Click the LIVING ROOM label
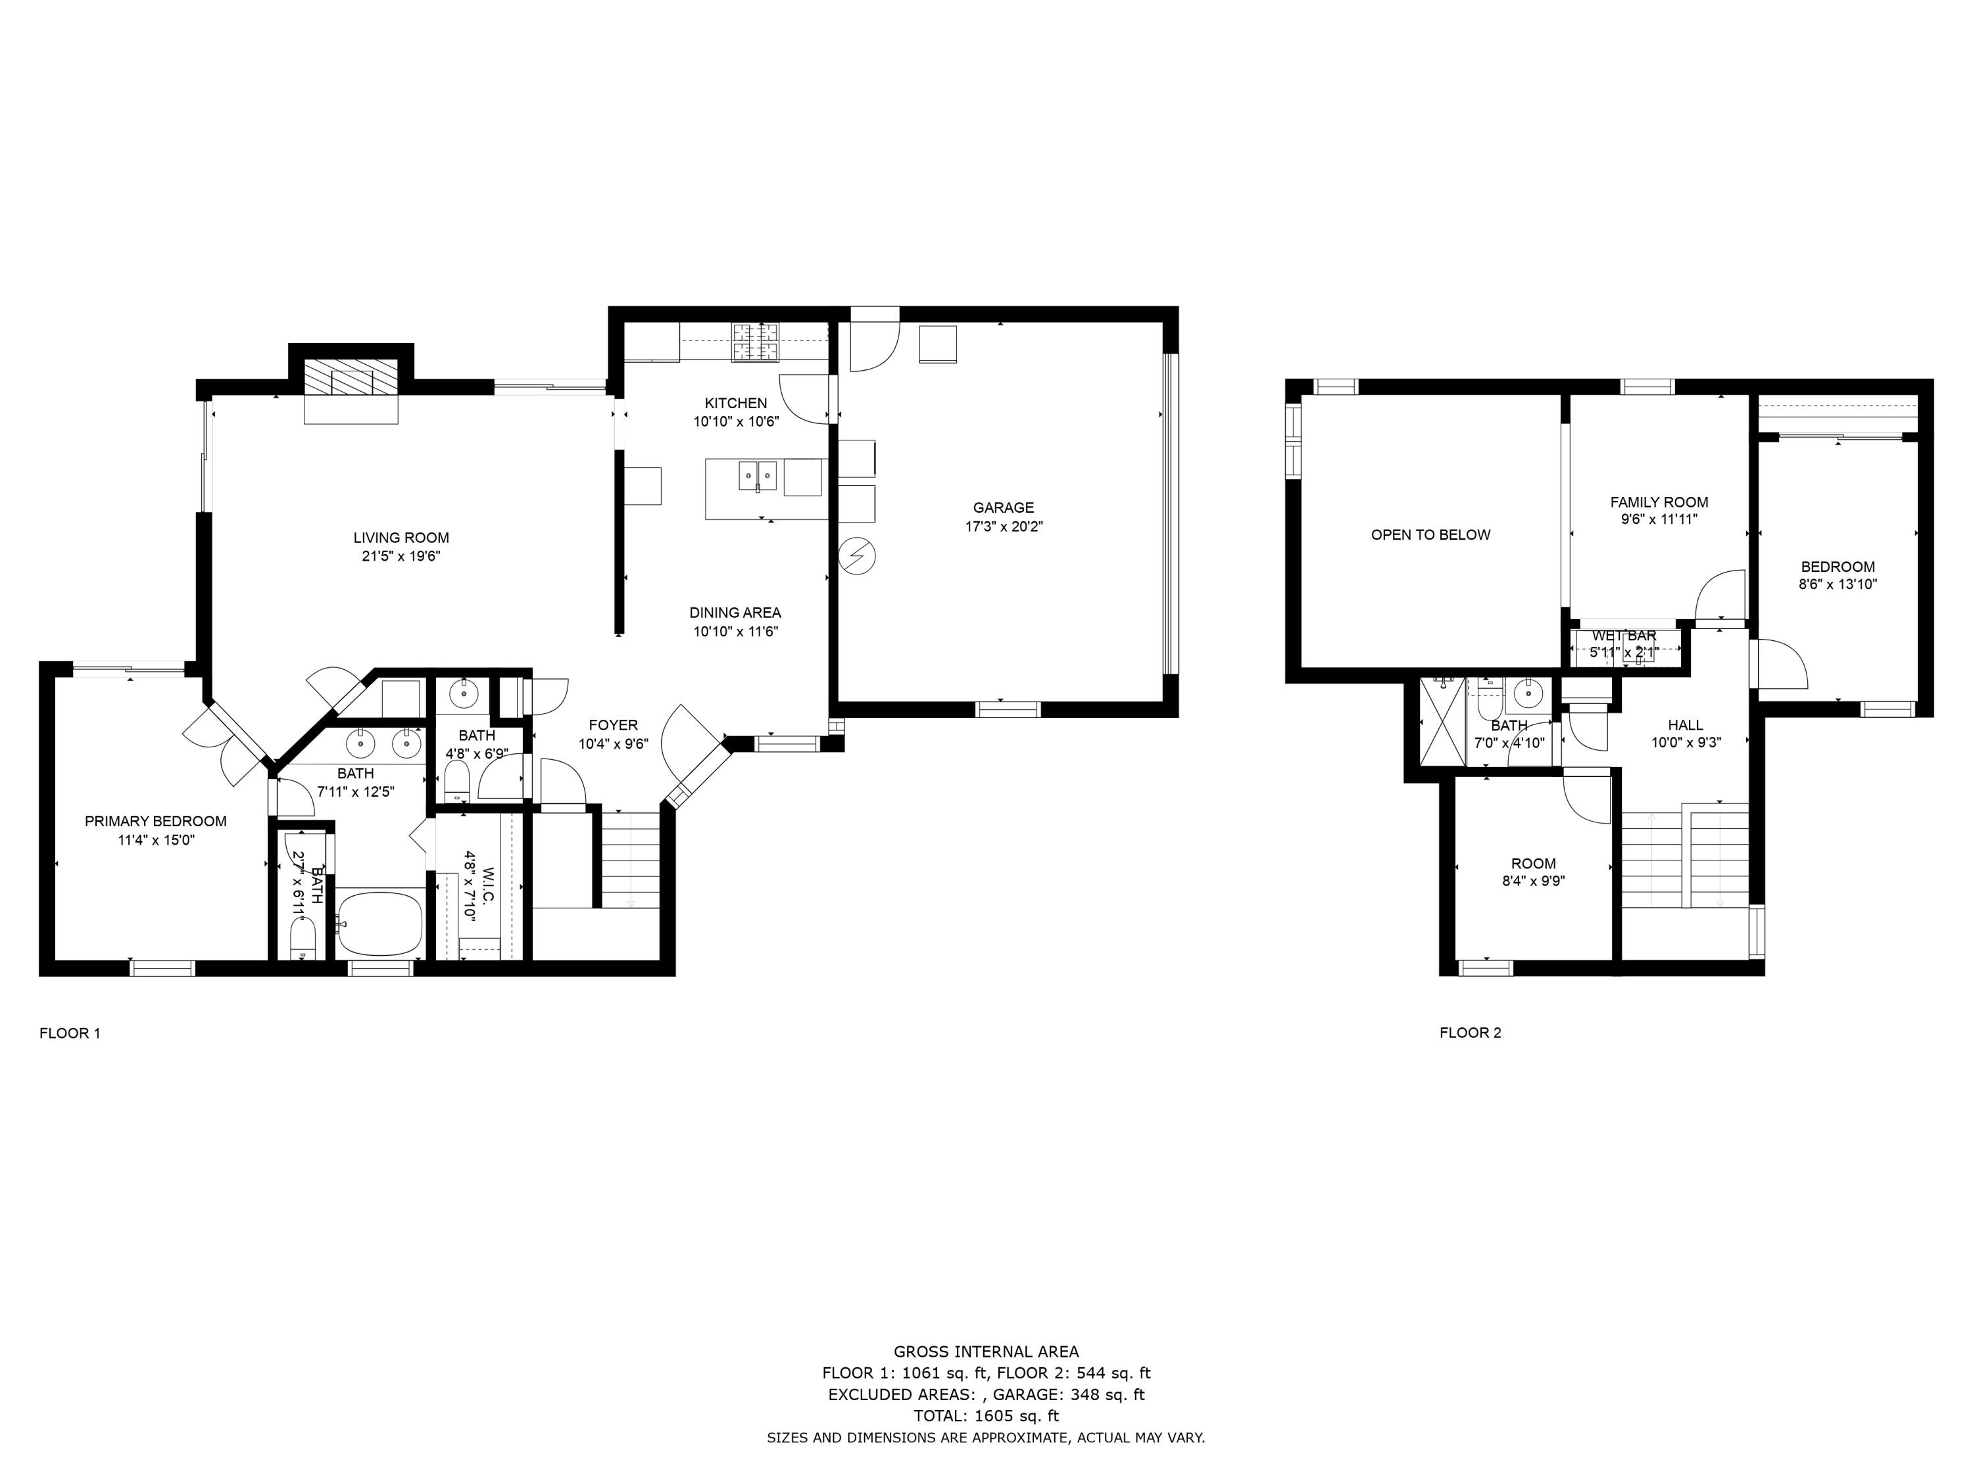(x=401, y=538)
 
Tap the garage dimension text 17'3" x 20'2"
(x=1004, y=527)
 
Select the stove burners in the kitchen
(x=756, y=343)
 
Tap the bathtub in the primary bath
(x=381, y=924)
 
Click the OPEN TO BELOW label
(x=1430, y=535)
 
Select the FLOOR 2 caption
(x=1470, y=1033)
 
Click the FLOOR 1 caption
(x=70, y=1033)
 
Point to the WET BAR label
(x=1623, y=636)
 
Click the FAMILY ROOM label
(x=1658, y=503)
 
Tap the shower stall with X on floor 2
(x=1442, y=722)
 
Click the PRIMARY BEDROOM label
(x=155, y=821)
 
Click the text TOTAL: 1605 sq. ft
(x=986, y=1416)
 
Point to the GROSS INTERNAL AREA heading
(x=986, y=1351)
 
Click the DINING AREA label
(x=735, y=613)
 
